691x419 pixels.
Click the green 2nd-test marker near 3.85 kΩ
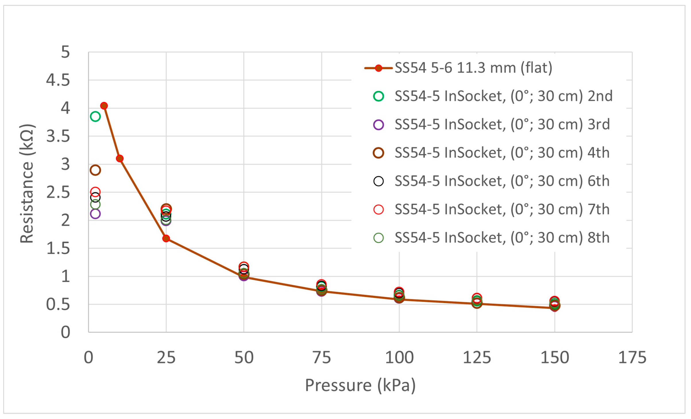pyautogui.click(x=95, y=117)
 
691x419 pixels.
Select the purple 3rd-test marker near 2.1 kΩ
pyautogui.click(x=95, y=214)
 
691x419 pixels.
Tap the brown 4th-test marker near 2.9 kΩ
pyautogui.click(x=95, y=170)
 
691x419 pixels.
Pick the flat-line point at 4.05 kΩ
pyautogui.click(x=104, y=106)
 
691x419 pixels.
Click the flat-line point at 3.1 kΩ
pyautogui.click(x=120, y=158)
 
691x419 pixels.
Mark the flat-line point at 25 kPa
pyautogui.click(x=166, y=238)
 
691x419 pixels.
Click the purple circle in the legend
pyautogui.click(x=379, y=125)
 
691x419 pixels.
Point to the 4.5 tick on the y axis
pyautogui.click(x=58, y=80)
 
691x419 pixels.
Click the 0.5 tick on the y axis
pyautogui.click(x=58, y=304)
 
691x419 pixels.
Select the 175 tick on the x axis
pyautogui.click(x=632, y=358)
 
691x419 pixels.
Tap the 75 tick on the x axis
pyautogui.click(x=322, y=358)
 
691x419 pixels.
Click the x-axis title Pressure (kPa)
pyautogui.click(x=360, y=385)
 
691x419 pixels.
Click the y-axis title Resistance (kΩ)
pyautogui.click(x=27, y=184)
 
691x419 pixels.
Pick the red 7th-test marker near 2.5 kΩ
pyautogui.click(x=95, y=192)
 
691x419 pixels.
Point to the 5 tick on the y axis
pyautogui.click(x=65, y=52)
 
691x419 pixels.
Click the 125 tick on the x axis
pyautogui.click(x=477, y=358)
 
